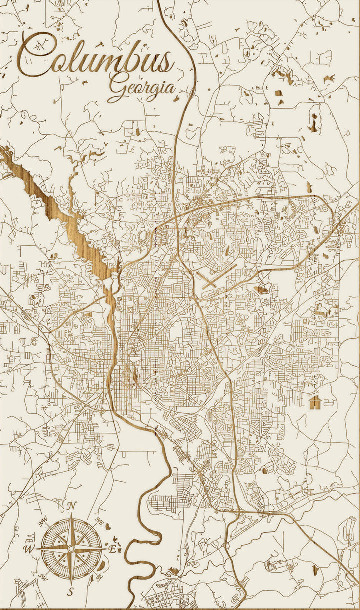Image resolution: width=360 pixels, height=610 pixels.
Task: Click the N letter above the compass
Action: pyautogui.click(x=71, y=506)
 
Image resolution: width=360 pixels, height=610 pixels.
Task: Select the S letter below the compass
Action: pyautogui.click(x=71, y=592)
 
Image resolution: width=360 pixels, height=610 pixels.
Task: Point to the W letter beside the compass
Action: pyautogui.click(x=28, y=549)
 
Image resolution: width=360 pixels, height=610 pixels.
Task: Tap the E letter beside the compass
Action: pyautogui.click(x=113, y=549)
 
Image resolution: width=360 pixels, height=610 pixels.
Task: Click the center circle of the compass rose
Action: pyautogui.click(x=71, y=549)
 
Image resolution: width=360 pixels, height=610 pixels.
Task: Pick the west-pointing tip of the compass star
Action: pyautogui.click(x=36, y=549)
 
